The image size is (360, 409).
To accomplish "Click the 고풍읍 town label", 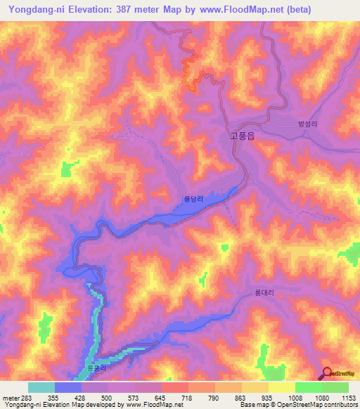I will [x=242, y=137].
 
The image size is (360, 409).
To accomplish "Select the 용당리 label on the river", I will [x=193, y=200].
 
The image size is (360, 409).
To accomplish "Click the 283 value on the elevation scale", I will [x=25, y=397].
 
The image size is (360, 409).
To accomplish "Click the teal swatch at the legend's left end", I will [x=41, y=387].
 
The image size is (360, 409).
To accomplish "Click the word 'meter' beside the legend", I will [x=10, y=397].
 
